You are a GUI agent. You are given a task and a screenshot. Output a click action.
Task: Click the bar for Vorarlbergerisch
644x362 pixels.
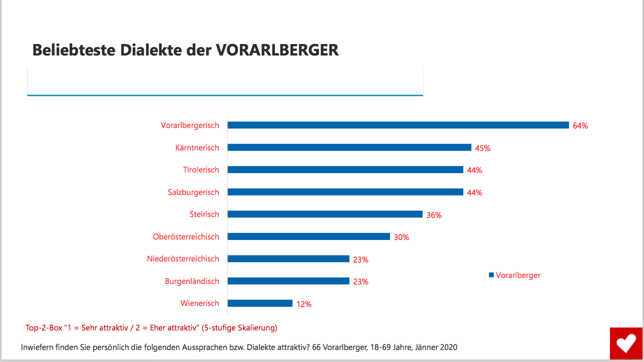(x=398, y=125)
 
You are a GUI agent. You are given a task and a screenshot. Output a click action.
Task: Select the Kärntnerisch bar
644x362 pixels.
(x=349, y=147)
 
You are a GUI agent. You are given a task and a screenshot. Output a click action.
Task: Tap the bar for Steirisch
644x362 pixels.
(x=325, y=214)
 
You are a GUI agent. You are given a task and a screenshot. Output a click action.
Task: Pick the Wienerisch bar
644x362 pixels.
(x=260, y=303)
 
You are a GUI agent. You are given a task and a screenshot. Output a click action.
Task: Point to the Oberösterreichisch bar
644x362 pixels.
(x=308, y=236)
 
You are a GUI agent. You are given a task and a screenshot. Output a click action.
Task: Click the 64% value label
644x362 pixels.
(x=580, y=126)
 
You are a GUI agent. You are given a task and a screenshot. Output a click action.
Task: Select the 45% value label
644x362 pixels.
(x=483, y=148)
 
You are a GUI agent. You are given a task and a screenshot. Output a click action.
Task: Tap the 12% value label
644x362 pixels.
(x=304, y=304)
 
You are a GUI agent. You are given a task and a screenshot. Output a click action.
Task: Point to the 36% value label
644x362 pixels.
(x=434, y=215)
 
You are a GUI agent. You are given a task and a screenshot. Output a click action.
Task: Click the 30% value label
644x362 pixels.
(x=401, y=237)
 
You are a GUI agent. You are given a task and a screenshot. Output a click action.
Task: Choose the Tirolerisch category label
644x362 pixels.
(x=201, y=170)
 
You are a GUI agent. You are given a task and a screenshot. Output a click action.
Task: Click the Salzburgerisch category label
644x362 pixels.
(x=193, y=192)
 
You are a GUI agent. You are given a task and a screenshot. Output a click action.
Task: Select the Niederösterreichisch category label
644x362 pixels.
(x=183, y=259)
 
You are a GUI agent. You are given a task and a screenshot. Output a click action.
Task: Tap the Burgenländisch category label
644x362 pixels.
(x=192, y=281)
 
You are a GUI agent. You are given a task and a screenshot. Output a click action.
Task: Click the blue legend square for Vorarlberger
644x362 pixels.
(x=491, y=275)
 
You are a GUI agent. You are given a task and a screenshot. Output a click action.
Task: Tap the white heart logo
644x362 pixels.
(x=625, y=343)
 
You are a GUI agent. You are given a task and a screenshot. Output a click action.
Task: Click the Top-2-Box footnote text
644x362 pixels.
(x=151, y=328)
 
